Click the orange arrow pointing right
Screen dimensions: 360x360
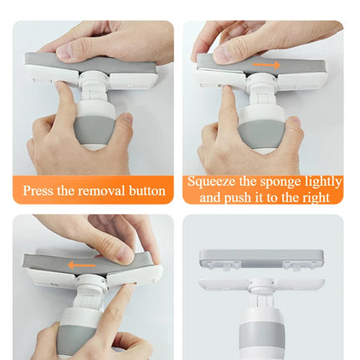click(266, 65)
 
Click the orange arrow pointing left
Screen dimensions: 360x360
click(82, 265)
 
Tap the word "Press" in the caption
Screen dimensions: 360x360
click(38, 191)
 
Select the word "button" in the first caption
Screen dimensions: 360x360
click(147, 191)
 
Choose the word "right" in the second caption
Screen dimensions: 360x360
click(316, 198)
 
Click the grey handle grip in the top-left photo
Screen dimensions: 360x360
click(95, 130)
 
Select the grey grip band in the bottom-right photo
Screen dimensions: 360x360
click(262, 337)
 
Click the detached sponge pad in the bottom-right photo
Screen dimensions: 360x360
click(261, 259)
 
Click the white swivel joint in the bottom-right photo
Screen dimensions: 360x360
click(261, 287)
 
